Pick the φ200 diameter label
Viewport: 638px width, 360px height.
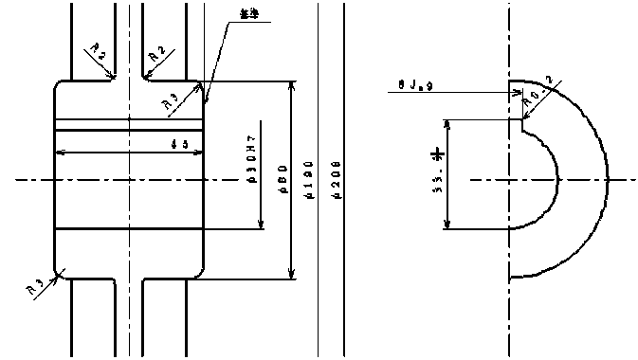[x=337, y=180]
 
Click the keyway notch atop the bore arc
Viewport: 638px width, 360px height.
[x=517, y=123]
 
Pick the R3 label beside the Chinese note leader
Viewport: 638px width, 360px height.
[x=172, y=101]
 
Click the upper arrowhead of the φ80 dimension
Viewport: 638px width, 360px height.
[x=292, y=85]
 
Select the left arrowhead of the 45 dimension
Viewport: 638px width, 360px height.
[x=61, y=152]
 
